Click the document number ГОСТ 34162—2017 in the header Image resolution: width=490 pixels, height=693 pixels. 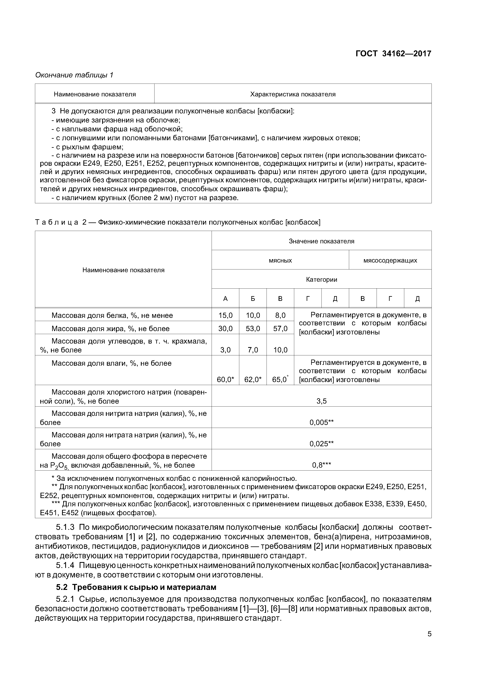click(x=393, y=54)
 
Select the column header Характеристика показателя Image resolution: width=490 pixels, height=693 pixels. click(x=293, y=94)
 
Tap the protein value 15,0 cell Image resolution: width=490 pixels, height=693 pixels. click(x=225, y=315)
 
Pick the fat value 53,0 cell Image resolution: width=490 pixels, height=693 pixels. click(x=253, y=328)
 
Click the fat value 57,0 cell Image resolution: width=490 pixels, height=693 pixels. click(x=280, y=328)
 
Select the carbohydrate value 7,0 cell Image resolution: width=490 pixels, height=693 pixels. click(x=253, y=350)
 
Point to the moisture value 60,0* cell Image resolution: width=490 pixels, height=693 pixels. click(x=225, y=379)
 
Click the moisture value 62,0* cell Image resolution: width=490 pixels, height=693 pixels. click(x=253, y=379)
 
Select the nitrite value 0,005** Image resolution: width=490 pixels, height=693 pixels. click(x=321, y=422)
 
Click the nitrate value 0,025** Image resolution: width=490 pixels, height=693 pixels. click(x=321, y=444)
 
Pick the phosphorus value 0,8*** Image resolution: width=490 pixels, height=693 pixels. click(x=321, y=465)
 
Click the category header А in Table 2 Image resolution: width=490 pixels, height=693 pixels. click(x=225, y=298)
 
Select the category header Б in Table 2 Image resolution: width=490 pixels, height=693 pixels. click(x=253, y=298)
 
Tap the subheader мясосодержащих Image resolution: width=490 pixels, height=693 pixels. click(x=390, y=260)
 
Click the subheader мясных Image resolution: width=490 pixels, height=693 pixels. click(x=280, y=260)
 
